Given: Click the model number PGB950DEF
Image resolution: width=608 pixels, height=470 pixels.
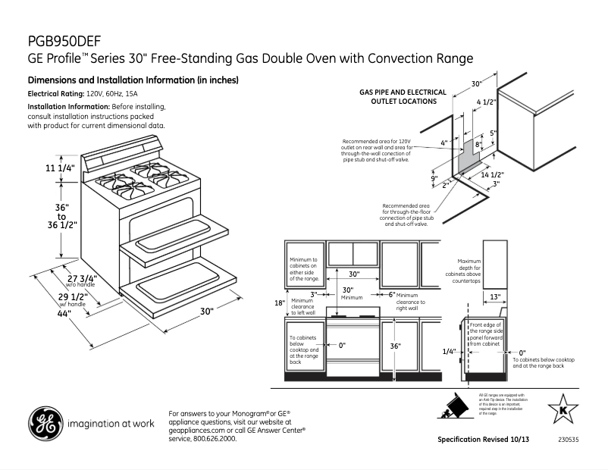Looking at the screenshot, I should coord(64,41).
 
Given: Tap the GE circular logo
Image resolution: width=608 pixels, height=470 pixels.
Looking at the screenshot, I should coord(45,424).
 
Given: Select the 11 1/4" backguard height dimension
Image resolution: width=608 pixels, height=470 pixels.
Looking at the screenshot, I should coord(61,168).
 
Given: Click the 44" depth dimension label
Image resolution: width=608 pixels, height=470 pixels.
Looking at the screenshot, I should coord(64,313).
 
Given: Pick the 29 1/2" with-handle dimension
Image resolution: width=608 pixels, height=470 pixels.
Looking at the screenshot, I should coord(74,296).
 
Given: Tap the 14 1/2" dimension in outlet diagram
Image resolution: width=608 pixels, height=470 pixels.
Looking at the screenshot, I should coord(493,174).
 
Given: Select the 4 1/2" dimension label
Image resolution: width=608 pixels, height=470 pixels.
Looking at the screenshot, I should coord(486,102).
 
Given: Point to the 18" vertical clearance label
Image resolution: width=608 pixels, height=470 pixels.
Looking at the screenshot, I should coord(279,303).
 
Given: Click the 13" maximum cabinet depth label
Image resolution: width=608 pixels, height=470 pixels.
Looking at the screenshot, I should coord(494,296).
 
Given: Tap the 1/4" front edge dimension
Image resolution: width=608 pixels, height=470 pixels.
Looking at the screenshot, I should coord(449,352).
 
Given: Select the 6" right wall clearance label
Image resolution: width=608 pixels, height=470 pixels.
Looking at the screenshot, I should coord(391,294).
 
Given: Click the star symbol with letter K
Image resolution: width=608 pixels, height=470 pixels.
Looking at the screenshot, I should coord(562,409).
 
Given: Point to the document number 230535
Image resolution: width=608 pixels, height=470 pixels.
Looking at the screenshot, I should coord(568,440).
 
